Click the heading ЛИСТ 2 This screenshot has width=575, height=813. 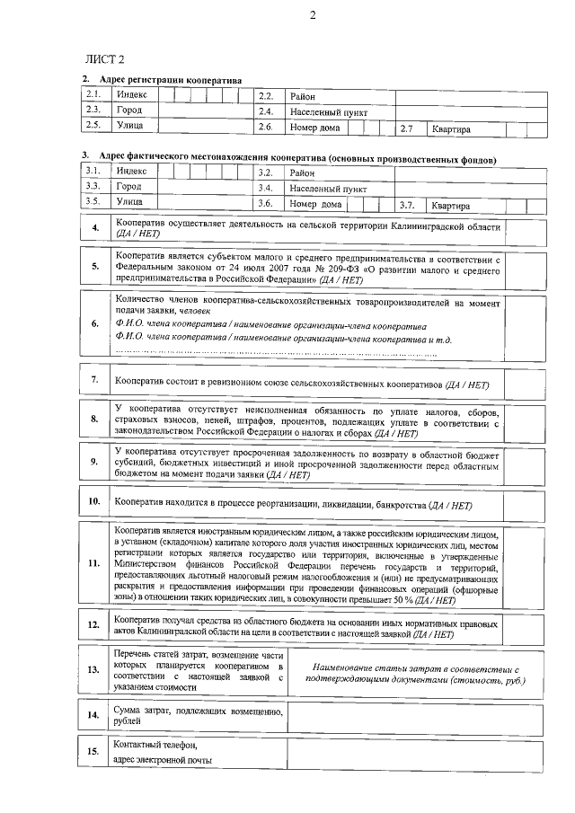pyautogui.click(x=104, y=59)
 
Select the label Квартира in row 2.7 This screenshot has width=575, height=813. pyautogui.click(x=451, y=129)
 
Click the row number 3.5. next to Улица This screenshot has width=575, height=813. pyautogui.click(x=92, y=202)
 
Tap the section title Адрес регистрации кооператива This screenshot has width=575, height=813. pyautogui.click(x=171, y=80)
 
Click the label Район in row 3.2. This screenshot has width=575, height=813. pyautogui.click(x=302, y=172)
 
